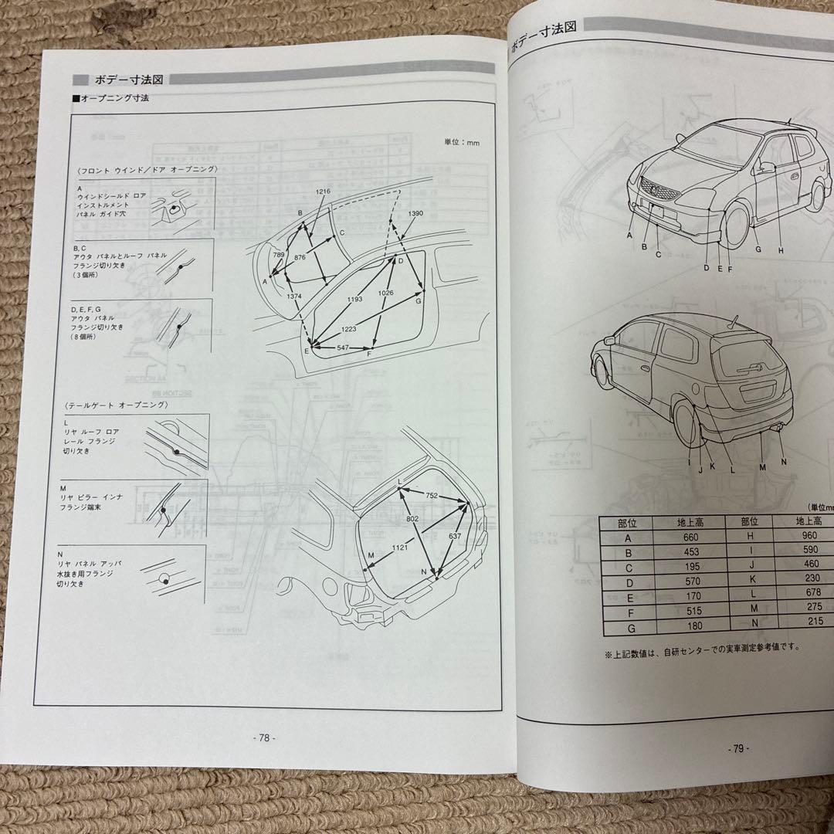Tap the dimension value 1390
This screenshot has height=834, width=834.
coord(415,213)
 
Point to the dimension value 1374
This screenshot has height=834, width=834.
coord(293,297)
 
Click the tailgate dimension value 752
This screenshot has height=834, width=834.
coord(432,496)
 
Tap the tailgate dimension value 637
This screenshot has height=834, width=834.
coord(454,537)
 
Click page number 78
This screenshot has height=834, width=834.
coord(264,737)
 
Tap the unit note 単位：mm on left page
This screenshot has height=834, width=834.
coord(462,142)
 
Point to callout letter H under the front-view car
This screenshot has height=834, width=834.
coord(781,249)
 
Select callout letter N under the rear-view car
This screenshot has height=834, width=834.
coord(783,461)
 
